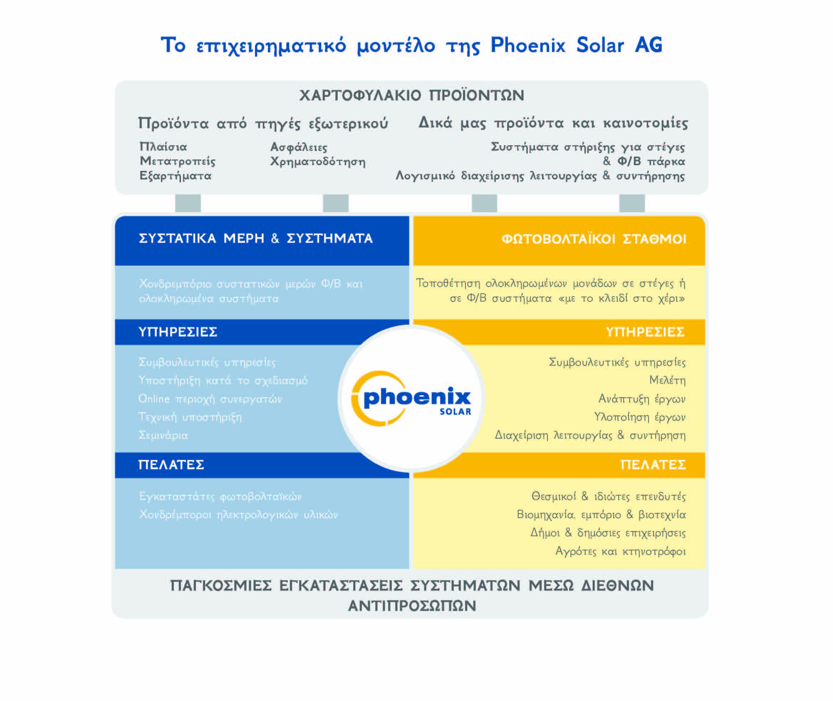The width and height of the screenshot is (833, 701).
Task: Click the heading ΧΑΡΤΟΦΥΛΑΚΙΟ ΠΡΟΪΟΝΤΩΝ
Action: (x=412, y=95)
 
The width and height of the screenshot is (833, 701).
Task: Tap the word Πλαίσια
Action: (x=163, y=147)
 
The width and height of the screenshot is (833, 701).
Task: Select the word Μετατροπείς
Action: (x=177, y=161)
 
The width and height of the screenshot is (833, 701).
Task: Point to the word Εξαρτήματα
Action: (x=175, y=176)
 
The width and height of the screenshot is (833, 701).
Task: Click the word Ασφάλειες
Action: (x=299, y=147)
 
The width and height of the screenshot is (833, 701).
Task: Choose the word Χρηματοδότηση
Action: (x=318, y=161)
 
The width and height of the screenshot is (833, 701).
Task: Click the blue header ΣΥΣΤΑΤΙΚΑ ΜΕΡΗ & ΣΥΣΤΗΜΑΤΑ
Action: (x=256, y=239)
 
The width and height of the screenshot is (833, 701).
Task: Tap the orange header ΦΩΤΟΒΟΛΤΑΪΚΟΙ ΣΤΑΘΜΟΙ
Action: (x=594, y=239)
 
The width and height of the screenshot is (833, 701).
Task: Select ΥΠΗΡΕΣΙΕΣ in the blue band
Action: (x=178, y=332)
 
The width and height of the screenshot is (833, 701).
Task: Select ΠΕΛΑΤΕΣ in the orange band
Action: (x=653, y=465)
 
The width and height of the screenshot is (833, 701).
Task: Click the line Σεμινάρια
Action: (x=163, y=435)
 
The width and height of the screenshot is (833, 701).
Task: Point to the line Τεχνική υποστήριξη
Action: (x=190, y=417)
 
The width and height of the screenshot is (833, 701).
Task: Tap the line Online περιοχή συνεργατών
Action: (x=210, y=399)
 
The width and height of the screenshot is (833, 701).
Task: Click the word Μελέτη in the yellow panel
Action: (x=668, y=380)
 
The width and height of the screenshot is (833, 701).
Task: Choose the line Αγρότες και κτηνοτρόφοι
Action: (x=621, y=551)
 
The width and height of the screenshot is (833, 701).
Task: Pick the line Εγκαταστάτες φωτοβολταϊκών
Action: (x=220, y=497)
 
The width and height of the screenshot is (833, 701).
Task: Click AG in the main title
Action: (x=649, y=45)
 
